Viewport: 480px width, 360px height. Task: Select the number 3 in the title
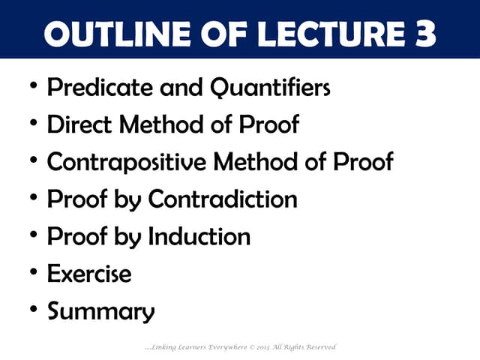[424, 33]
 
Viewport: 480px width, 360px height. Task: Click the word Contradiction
[223, 199]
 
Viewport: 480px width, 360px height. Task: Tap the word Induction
[199, 236]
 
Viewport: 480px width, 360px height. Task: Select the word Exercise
[89, 274]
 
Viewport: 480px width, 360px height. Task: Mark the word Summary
[101, 310]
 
